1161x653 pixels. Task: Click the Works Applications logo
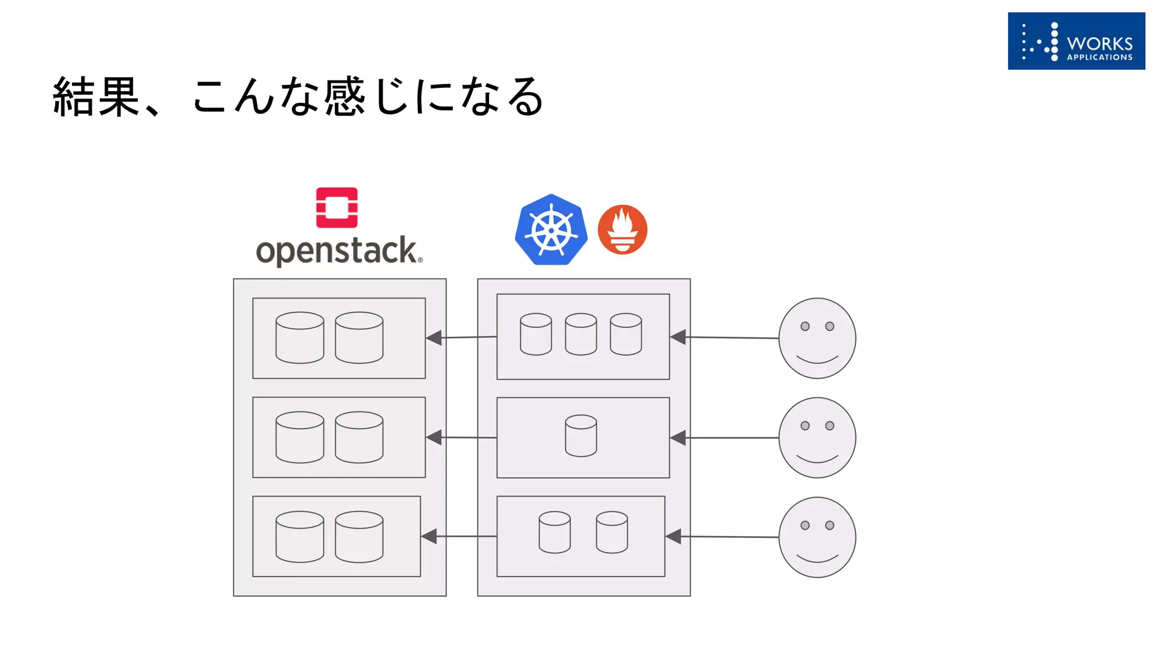pos(1076,41)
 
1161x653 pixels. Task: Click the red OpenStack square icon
pos(337,207)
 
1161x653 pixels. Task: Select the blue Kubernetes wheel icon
pos(551,230)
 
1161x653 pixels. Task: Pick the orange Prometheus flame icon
pos(622,230)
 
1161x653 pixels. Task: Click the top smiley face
pos(817,338)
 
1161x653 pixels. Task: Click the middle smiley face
pos(817,438)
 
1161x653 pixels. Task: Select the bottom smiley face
pos(817,537)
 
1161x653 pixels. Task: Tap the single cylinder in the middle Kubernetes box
pos(581,436)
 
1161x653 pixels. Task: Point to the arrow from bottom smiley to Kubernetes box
pos(726,536)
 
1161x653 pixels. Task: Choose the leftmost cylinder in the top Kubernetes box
pos(536,334)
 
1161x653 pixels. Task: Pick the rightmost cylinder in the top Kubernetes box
pos(626,334)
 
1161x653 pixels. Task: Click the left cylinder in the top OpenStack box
pos(300,337)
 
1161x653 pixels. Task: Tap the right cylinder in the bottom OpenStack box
pos(359,537)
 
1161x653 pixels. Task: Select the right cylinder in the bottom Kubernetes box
pos(612,532)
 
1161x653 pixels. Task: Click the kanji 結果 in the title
pos(96,97)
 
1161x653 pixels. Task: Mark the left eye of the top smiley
pos(805,326)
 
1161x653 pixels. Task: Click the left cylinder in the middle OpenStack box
pos(300,437)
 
